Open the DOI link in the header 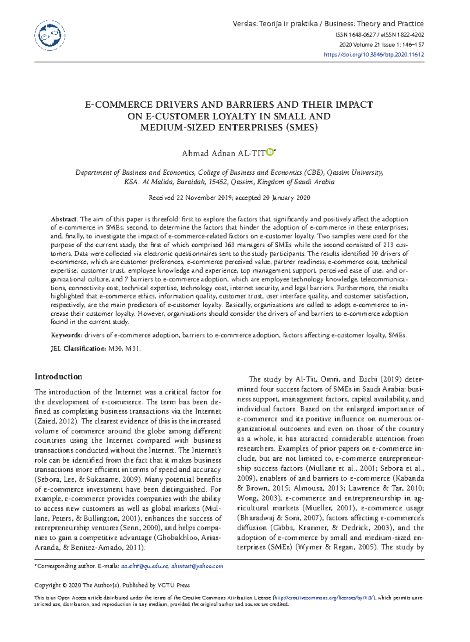pyautogui.click(x=374, y=55)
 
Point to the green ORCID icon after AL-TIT pyautogui.click(x=270, y=152)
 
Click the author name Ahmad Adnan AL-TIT pyautogui.click(x=223, y=154)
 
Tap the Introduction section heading pyautogui.click(x=58, y=377)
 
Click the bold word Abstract pyautogui.click(x=64, y=219)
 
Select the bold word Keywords pyautogui.click(x=66, y=335)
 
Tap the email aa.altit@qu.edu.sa pyautogui.click(x=145, y=566)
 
